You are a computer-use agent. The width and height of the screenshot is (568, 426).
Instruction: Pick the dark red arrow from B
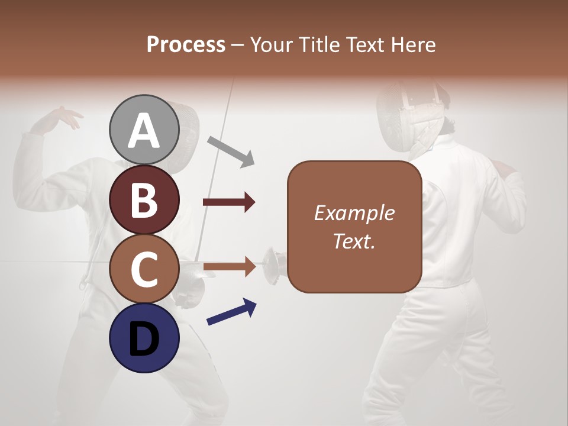[x=229, y=202]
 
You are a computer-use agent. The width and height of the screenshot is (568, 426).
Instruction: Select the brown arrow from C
[x=229, y=267]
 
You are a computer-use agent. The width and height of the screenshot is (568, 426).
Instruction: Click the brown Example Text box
[x=354, y=227]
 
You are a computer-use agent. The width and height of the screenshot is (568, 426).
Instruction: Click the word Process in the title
[x=186, y=44]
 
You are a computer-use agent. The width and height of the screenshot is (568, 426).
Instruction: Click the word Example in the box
[x=354, y=213]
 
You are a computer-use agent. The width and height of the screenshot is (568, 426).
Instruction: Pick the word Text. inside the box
[x=354, y=241]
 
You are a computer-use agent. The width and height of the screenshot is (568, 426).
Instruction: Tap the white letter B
[x=144, y=199]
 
